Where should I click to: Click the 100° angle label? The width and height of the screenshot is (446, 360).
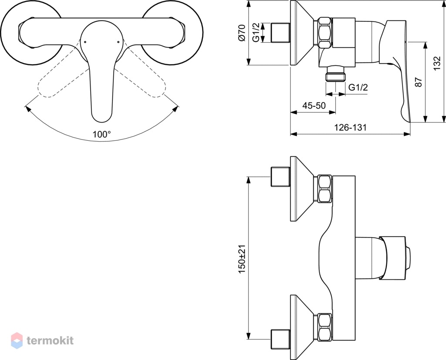point(101,134)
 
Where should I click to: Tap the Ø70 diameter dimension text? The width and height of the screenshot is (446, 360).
point(242,33)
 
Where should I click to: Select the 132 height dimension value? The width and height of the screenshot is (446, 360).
point(438,63)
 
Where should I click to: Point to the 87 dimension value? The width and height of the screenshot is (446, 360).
point(419,82)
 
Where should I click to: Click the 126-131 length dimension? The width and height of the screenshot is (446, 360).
point(350,127)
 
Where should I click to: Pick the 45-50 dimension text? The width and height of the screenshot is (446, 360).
point(314,105)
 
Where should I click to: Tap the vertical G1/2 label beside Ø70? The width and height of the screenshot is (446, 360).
point(256,33)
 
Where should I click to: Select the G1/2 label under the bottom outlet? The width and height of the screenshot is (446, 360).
point(358,87)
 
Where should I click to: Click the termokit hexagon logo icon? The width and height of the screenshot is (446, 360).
point(17,340)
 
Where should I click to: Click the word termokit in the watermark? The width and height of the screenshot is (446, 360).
point(51,340)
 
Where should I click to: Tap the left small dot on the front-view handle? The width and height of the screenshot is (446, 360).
point(85,42)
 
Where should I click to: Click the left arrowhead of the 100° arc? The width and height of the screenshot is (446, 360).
point(27,109)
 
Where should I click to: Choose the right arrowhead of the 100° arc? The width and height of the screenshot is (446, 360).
point(176,109)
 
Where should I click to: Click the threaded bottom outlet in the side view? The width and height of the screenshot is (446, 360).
point(336,74)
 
